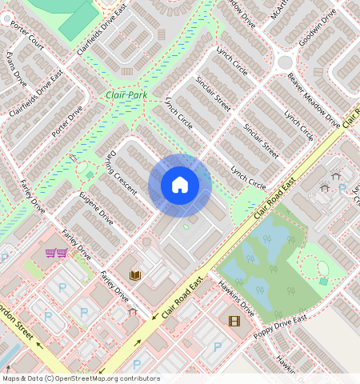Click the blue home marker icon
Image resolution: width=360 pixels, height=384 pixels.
tap(180, 186)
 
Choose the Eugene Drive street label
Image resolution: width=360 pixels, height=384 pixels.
tap(97, 206)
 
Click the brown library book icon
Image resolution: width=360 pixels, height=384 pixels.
tap(135, 275)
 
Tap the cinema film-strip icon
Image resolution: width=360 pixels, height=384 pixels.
tap(234, 321)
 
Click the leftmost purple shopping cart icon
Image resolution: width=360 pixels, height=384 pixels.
tap(51, 253)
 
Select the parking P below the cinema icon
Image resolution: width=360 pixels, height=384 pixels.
tap(218, 347)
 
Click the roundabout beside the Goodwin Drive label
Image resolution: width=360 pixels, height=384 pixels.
tap(285, 62)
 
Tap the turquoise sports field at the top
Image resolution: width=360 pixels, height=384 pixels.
tap(78, 18)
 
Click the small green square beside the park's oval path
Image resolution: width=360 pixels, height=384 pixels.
tap(323, 281)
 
